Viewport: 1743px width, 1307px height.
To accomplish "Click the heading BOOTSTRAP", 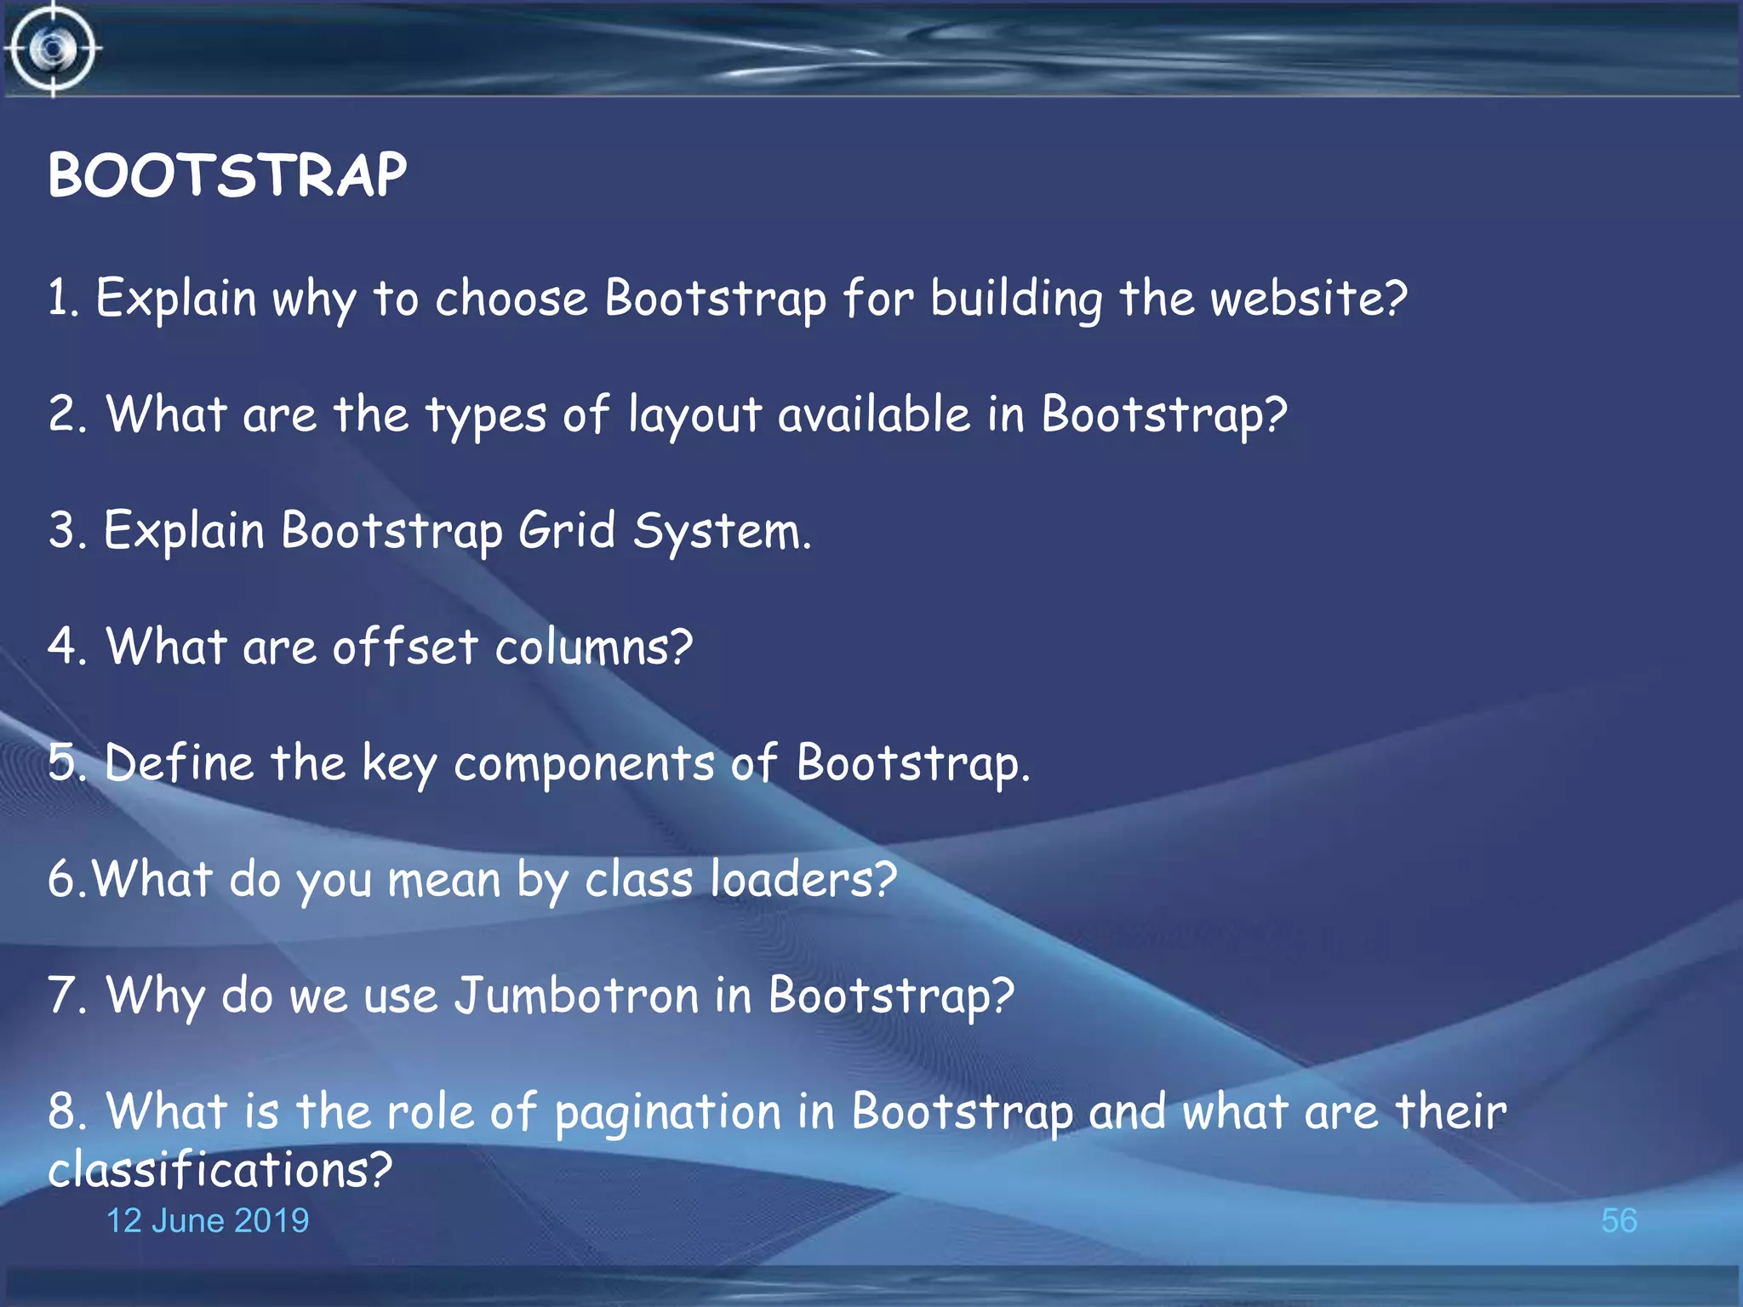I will tap(227, 175).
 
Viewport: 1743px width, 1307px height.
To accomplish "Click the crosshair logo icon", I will tap(53, 49).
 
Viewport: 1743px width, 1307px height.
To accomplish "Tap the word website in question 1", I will tap(1308, 299).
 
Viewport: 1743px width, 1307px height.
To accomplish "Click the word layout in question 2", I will tap(694, 417).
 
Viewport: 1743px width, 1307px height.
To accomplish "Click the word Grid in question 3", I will tap(566, 531).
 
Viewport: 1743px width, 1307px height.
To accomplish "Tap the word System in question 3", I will tap(722, 533).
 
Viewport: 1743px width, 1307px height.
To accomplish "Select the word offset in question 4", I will tap(405, 647).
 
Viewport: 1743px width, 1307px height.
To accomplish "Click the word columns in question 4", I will tap(594, 647).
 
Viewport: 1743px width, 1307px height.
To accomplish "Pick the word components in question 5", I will tap(584, 764).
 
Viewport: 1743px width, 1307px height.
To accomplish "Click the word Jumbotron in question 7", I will tap(576, 995).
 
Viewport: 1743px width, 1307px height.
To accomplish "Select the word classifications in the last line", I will tap(220, 1170).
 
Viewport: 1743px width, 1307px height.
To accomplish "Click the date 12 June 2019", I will tap(207, 1220).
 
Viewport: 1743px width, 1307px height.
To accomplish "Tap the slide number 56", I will tap(1618, 1220).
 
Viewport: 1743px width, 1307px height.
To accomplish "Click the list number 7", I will tap(66, 995).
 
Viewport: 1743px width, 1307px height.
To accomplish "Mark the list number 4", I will tap(66, 647).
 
